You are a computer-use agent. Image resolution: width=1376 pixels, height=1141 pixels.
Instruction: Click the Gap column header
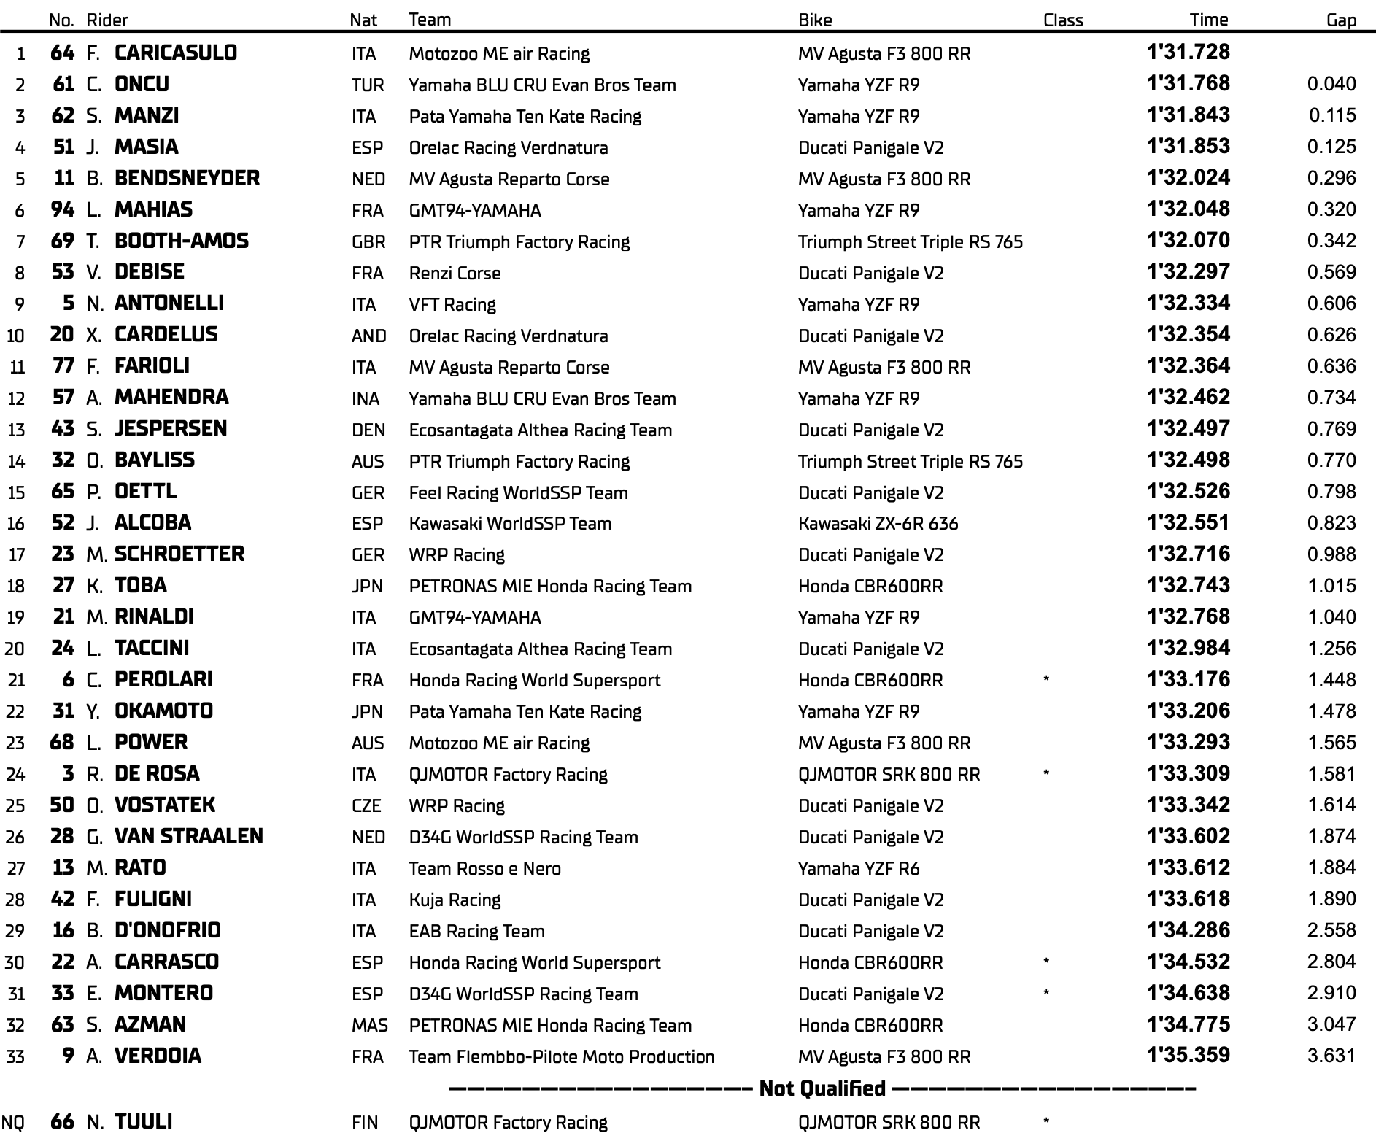point(1340,20)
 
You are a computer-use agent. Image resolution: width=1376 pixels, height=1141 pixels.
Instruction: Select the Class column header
point(1062,20)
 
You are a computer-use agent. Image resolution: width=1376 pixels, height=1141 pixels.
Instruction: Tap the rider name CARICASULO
point(176,53)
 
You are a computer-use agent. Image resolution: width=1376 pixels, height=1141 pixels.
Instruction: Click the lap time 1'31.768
point(1188,84)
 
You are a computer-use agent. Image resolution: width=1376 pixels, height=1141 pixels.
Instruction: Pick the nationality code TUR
point(367,85)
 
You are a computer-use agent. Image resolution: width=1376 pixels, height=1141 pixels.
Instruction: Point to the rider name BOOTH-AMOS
point(182,241)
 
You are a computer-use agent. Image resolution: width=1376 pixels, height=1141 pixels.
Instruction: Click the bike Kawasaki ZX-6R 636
point(878,523)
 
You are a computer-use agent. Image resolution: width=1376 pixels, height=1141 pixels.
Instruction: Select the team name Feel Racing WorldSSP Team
point(518,492)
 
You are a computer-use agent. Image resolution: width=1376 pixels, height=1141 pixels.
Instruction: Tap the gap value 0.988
point(1331,554)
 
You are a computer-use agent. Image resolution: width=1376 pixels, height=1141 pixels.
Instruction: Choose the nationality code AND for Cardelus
point(368,336)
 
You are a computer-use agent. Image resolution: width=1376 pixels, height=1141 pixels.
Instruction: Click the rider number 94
point(63,210)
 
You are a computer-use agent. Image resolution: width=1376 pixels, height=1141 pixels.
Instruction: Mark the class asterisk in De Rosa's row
point(1046,774)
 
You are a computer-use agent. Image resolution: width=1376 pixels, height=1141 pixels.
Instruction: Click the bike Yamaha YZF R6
point(859,868)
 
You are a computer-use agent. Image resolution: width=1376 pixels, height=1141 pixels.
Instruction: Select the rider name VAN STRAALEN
point(188,836)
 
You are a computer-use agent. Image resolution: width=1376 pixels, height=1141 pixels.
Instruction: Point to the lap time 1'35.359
point(1188,1056)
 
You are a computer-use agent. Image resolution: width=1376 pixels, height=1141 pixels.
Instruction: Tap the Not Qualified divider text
point(822,1088)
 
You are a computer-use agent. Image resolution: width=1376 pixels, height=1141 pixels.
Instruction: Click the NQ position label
point(12,1122)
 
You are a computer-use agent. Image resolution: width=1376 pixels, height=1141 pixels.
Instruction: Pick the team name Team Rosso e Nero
point(484,868)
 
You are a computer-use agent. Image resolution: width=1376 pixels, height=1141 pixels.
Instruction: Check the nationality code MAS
point(369,1025)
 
